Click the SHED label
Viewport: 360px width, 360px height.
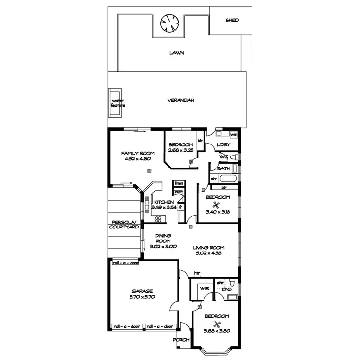pyautogui.click(x=232, y=20)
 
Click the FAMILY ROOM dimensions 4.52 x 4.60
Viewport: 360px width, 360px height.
pyautogui.click(x=135, y=159)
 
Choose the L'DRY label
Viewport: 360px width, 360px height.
pyautogui.click(x=223, y=145)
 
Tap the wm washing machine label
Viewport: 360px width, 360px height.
pyautogui.click(x=234, y=135)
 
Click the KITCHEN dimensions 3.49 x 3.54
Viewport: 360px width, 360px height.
pyautogui.click(x=164, y=207)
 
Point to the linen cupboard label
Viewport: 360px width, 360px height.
pyautogui.click(x=179, y=183)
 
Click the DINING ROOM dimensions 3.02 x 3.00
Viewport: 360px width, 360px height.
pyautogui.click(x=163, y=246)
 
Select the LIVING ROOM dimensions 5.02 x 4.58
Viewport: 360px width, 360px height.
pyautogui.click(x=209, y=253)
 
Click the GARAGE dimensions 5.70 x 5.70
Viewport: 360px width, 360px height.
pyautogui.click(x=143, y=297)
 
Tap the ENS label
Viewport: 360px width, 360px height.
pyautogui.click(x=227, y=289)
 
